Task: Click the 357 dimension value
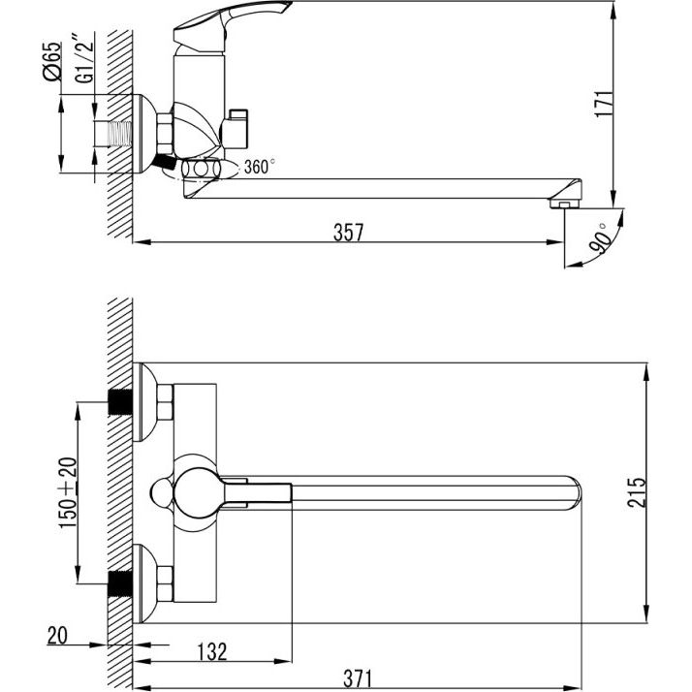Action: pyautogui.click(x=348, y=233)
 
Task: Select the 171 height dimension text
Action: pyautogui.click(x=604, y=104)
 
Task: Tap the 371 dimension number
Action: pyautogui.click(x=358, y=678)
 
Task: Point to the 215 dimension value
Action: pyautogui.click(x=637, y=492)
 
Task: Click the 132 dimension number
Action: pyautogui.click(x=212, y=652)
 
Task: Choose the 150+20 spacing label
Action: pyautogui.click(x=68, y=492)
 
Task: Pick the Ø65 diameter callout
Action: pyautogui.click(x=52, y=61)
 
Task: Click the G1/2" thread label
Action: pyautogui.click(x=84, y=57)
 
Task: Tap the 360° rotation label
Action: pyautogui.click(x=260, y=167)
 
